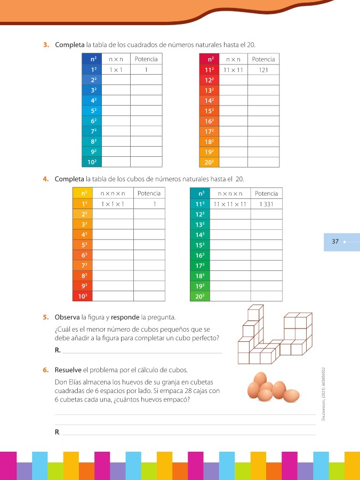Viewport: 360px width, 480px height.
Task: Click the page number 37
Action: (x=335, y=242)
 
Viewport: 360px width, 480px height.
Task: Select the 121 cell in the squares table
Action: (x=263, y=69)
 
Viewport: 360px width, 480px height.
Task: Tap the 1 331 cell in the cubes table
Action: (x=266, y=204)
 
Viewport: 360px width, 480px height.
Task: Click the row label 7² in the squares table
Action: (x=93, y=131)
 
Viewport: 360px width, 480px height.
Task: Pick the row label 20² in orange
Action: (x=209, y=161)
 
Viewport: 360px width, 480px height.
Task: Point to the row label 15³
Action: (x=201, y=245)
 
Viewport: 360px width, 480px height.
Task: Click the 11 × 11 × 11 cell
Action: (x=230, y=204)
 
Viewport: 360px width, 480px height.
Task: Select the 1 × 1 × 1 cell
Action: (x=113, y=204)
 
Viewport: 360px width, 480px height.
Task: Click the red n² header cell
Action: (x=209, y=59)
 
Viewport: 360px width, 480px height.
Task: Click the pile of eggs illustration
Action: (x=274, y=388)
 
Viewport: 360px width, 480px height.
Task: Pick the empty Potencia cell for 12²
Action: (x=263, y=79)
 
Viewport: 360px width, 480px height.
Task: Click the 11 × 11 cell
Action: (x=233, y=69)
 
